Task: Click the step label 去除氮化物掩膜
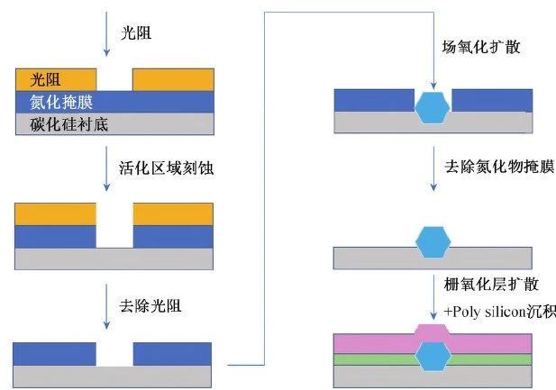(x=497, y=167)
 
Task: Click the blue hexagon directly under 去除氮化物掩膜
(x=433, y=242)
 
